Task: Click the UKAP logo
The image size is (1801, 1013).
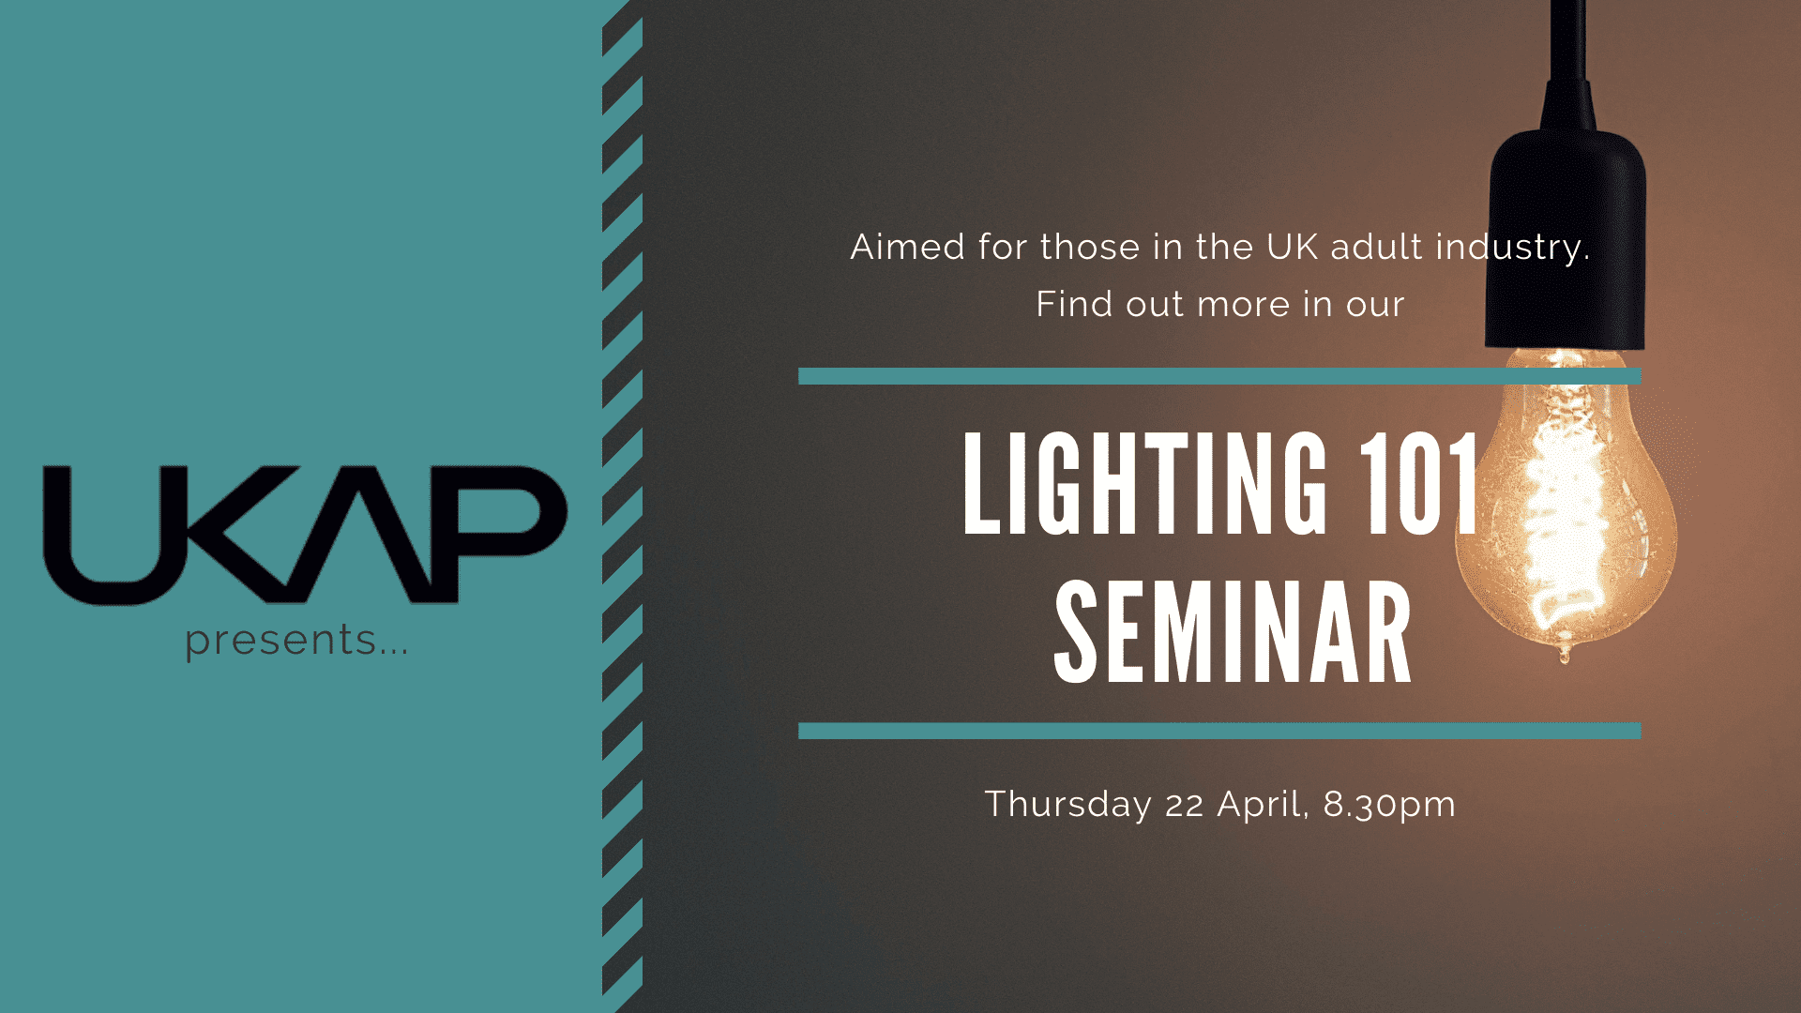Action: tap(305, 535)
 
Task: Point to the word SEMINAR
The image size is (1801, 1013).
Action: tap(1233, 632)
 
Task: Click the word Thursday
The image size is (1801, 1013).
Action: tap(1067, 805)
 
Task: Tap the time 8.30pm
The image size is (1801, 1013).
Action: tap(1389, 805)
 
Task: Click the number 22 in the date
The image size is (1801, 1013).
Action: tap(1185, 806)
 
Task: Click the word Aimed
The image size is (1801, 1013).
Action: tap(908, 248)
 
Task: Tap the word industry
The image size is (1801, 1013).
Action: tap(1512, 248)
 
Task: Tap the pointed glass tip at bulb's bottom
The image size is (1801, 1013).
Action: tap(1564, 654)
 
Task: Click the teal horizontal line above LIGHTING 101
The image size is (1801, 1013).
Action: tap(1219, 376)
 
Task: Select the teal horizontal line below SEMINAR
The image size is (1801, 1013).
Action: tap(1219, 731)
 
